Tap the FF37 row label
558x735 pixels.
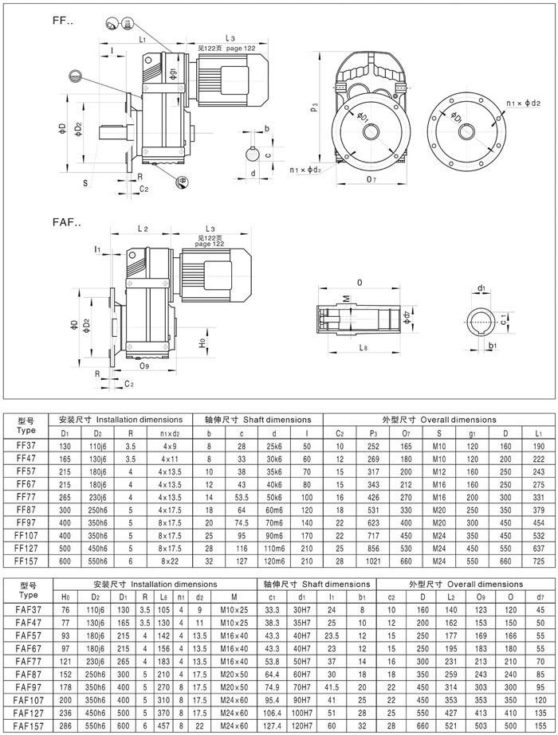point(25,447)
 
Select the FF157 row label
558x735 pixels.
point(26,561)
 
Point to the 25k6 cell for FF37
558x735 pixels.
point(274,447)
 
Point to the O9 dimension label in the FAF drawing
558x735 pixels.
point(144,366)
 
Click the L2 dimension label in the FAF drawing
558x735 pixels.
point(143,229)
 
